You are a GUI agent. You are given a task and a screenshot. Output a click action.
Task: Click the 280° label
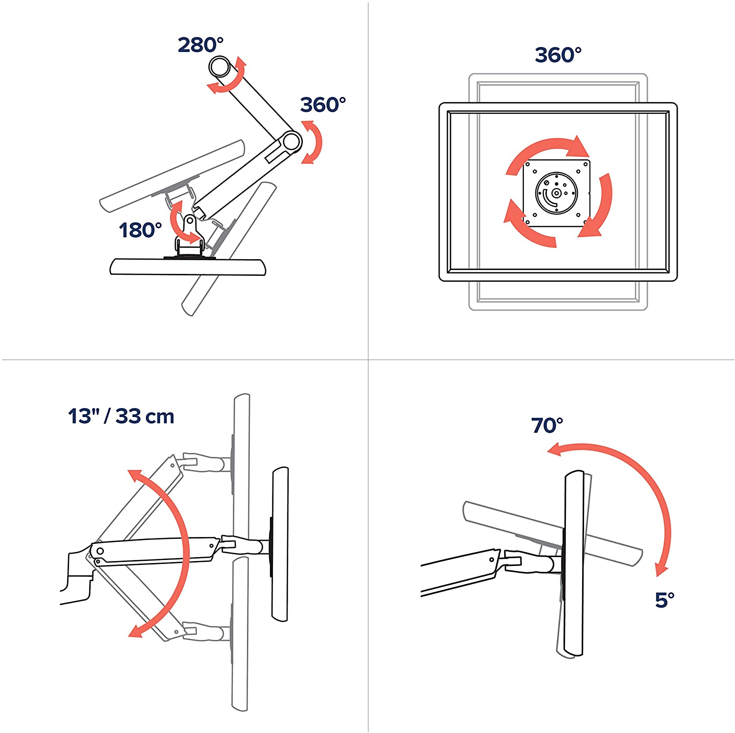click(200, 45)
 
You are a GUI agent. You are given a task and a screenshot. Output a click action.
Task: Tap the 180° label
click(140, 230)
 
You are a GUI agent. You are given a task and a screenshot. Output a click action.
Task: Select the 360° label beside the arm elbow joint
click(323, 104)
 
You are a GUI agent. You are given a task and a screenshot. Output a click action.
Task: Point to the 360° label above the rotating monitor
click(558, 55)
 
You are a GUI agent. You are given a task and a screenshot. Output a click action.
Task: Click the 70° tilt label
click(547, 425)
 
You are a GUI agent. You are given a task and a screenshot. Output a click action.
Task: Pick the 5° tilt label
click(664, 600)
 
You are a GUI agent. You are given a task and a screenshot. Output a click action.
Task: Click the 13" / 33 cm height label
click(121, 416)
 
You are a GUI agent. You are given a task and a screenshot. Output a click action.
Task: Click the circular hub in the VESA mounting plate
click(556, 193)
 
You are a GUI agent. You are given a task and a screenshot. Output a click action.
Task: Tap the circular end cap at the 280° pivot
click(220, 67)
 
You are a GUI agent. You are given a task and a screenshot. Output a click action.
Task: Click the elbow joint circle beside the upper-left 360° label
click(291, 142)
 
